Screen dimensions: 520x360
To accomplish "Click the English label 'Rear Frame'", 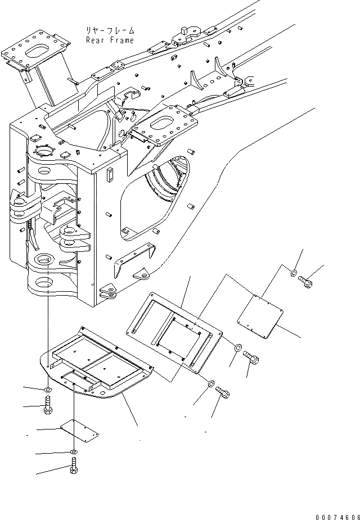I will coord(110,40).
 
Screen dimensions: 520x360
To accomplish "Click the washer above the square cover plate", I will coord(294,274).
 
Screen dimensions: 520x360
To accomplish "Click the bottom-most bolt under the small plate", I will coord(74,466).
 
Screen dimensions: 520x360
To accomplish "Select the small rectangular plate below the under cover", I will coord(78,431).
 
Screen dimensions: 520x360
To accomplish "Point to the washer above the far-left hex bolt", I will coord(48,389).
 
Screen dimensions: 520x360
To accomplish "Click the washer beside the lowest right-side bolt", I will coord(211,385).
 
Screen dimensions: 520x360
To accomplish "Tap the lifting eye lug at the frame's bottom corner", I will coord(107,291).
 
